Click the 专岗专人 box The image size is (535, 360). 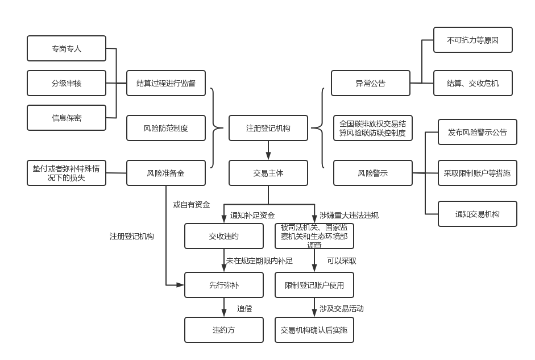click(67, 48)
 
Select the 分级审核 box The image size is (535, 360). click(67, 83)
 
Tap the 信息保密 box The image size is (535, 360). click(67, 118)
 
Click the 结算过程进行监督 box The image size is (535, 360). click(166, 83)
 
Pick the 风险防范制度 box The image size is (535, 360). click(166, 128)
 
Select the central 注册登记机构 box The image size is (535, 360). click(268, 128)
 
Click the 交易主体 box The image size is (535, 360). click(268, 173)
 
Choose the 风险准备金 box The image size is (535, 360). click(166, 173)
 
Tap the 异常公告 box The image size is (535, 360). click(371, 83)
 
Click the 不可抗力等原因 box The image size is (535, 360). click(473, 40)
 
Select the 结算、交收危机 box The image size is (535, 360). click(473, 83)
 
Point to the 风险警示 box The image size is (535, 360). click(373, 173)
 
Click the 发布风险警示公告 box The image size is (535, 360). click(478, 132)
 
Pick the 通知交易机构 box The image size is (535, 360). click(478, 214)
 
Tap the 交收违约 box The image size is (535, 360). click(224, 236)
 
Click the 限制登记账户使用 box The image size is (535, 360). click(314, 285)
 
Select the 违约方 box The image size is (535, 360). click(224, 330)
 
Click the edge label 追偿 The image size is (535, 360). click(244, 308)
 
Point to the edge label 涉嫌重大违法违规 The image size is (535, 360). click(349, 215)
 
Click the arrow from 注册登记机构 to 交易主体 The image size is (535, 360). click(268, 150)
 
